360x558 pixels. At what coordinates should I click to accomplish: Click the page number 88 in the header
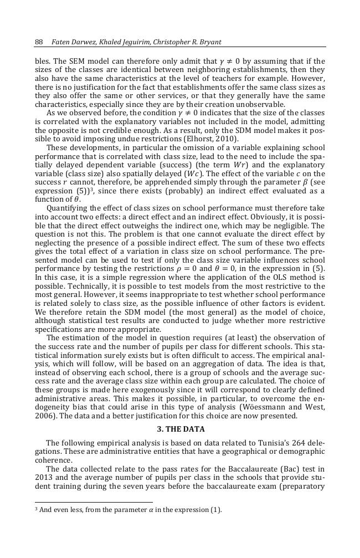pos(39,42)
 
